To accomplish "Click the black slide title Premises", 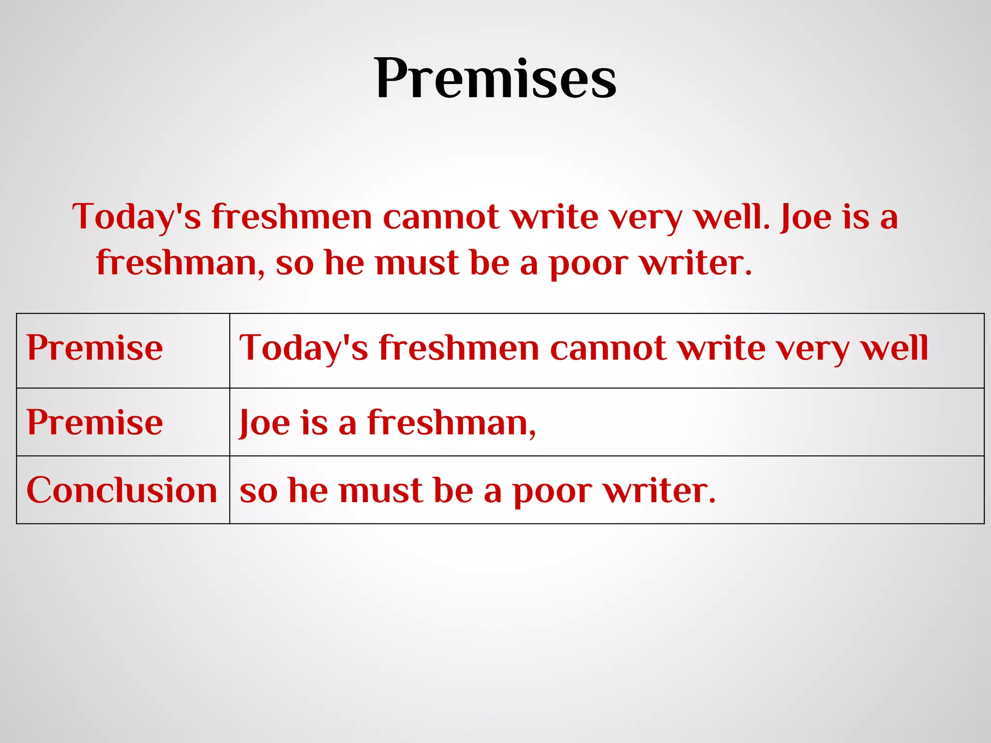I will click(495, 78).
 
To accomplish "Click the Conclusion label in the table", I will click(121, 490).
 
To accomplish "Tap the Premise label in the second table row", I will click(95, 422).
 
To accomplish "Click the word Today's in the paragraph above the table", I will click(136, 217).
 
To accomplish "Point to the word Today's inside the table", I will click(303, 348).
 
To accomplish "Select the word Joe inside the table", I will click(264, 423).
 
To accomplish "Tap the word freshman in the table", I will click(451, 423).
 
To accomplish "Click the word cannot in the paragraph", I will click(441, 217).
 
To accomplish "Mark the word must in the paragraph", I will click(417, 263).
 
